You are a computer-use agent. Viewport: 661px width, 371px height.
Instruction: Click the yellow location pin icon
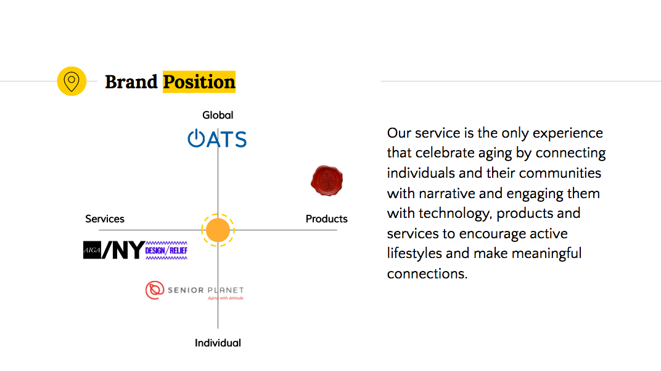tap(72, 81)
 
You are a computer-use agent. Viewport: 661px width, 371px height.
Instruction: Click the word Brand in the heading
tap(131, 81)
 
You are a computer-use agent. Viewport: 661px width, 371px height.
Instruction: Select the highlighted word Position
tap(199, 81)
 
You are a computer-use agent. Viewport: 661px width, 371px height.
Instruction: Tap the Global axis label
tap(218, 115)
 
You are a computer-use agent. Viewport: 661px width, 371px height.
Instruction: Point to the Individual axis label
tap(218, 343)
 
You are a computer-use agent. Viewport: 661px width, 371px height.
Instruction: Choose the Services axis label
tap(105, 219)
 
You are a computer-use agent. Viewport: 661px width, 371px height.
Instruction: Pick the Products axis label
tap(327, 219)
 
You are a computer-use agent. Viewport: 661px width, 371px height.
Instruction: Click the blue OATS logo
tap(217, 139)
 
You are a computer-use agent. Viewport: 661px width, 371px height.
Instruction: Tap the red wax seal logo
tap(327, 180)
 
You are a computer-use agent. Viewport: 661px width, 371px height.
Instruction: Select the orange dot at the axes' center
tap(218, 230)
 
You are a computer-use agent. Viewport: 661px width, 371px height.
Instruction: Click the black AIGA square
tap(92, 249)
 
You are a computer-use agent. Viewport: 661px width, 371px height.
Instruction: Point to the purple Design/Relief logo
tap(166, 250)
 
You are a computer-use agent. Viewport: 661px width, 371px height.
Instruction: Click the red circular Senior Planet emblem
tap(155, 290)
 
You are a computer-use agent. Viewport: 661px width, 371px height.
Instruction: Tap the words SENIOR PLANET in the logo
tap(205, 290)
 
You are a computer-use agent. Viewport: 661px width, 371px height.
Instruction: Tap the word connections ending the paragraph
tap(427, 273)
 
